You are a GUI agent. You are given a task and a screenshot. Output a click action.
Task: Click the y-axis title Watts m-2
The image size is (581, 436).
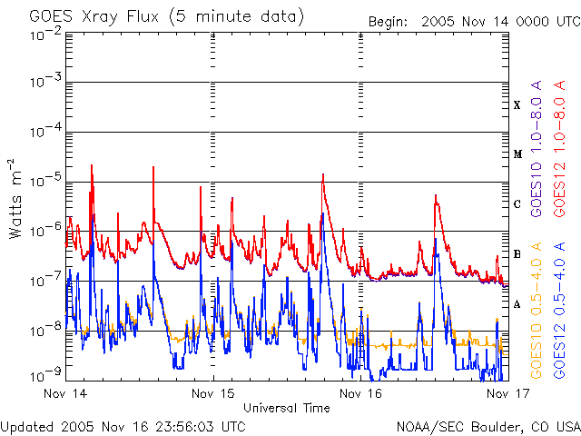pyautogui.click(x=17, y=197)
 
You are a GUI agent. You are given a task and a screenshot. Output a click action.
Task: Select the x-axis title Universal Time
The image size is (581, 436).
pyautogui.click(x=286, y=408)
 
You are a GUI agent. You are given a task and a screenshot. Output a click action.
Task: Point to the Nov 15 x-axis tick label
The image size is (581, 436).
pyautogui.click(x=214, y=393)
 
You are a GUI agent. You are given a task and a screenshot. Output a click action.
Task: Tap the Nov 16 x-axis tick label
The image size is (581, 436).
pyautogui.click(x=361, y=393)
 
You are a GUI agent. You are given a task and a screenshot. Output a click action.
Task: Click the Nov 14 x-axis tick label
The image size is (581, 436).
pyautogui.click(x=65, y=393)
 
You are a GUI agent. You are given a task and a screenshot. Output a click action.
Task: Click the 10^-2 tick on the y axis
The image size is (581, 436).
pyautogui.click(x=44, y=34)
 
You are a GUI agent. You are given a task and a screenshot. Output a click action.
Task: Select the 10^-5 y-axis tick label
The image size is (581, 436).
pyautogui.click(x=44, y=182)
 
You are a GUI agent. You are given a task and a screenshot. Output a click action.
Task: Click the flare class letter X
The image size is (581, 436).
pyautogui.click(x=517, y=105)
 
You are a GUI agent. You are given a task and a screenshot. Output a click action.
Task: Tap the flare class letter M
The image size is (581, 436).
pyautogui.click(x=517, y=154)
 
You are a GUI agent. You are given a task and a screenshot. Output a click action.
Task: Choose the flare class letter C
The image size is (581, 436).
pyautogui.click(x=517, y=204)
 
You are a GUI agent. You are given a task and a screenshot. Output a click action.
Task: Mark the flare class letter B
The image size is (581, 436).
pyautogui.click(x=517, y=254)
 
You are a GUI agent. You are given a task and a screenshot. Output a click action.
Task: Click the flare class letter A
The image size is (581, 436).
pyautogui.click(x=517, y=304)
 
